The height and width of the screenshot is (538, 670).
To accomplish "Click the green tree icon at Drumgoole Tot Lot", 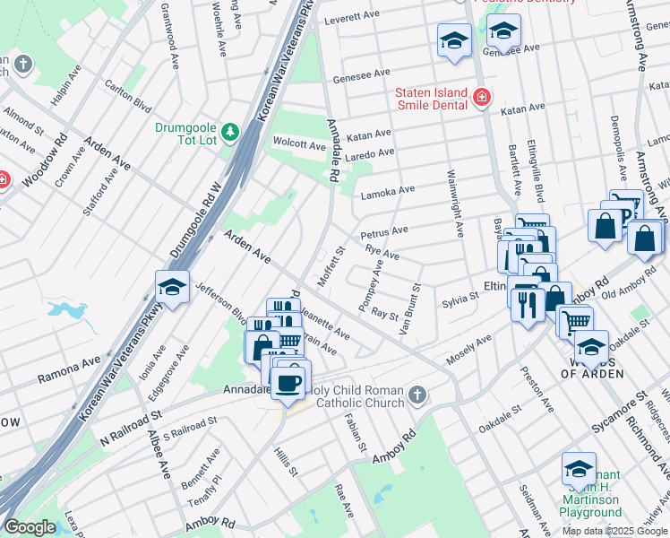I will (x=230, y=133).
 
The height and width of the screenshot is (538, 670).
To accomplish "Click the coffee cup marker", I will (x=288, y=383).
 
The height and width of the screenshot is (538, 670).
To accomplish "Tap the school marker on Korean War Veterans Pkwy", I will (x=171, y=287).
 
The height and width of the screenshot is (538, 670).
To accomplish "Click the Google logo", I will (x=30, y=528).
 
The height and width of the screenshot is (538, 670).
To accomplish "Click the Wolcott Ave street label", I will (x=299, y=143).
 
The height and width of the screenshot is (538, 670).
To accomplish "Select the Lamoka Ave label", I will (x=388, y=192).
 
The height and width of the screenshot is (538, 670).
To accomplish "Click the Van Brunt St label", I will (x=413, y=308).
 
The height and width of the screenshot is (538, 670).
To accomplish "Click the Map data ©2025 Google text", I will (x=614, y=531).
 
